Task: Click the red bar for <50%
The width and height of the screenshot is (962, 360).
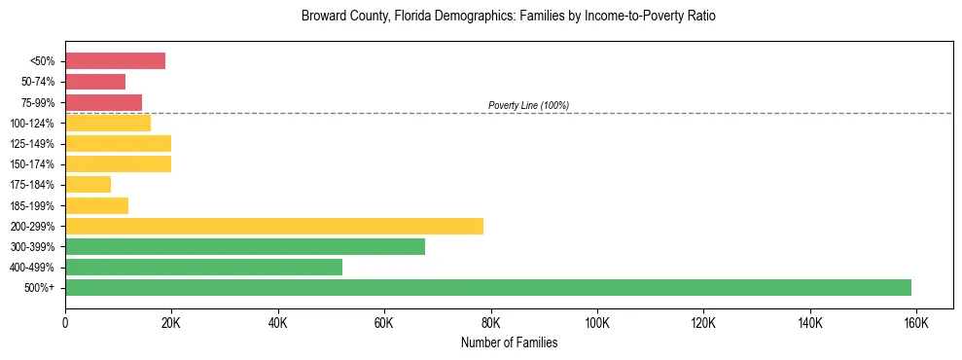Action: (x=115, y=61)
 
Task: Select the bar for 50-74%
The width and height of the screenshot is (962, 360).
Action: (x=95, y=82)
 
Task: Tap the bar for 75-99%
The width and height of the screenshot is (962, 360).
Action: (x=103, y=102)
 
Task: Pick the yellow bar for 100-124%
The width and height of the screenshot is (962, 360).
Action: (x=108, y=123)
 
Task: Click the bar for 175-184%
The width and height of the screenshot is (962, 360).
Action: (x=88, y=184)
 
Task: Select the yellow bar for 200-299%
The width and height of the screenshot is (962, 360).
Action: (x=274, y=226)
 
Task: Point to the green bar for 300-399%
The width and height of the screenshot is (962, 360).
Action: (x=245, y=246)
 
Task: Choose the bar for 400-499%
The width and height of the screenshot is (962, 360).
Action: (x=203, y=267)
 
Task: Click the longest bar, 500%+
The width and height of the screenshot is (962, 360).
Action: (x=488, y=287)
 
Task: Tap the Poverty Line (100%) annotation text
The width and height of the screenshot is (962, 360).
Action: (x=528, y=105)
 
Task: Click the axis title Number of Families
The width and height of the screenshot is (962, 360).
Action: (x=509, y=342)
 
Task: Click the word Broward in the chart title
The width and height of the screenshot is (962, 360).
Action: (x=325, y=17)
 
